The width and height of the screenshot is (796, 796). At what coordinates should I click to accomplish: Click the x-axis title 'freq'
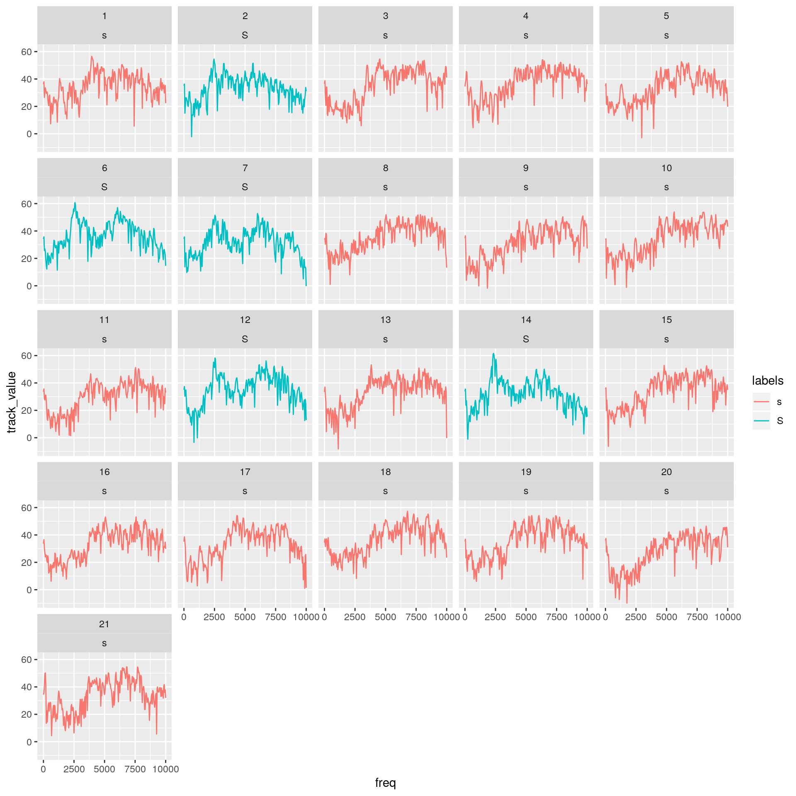point(385,783)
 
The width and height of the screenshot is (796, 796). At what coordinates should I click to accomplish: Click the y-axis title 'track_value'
point(12,402)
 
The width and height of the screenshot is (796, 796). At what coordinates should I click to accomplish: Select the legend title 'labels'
point(767,381)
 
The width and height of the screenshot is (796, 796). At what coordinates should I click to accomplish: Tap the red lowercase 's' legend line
point(761,402)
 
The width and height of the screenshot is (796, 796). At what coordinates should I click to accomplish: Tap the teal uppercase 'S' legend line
point(761,421)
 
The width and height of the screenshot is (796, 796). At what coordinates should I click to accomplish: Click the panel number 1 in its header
point(104,16)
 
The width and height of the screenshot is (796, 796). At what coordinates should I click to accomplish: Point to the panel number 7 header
point(245,168)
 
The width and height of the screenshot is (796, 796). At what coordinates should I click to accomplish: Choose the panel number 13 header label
point(386,320)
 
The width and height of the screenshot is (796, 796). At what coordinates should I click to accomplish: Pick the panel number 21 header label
point(104,624)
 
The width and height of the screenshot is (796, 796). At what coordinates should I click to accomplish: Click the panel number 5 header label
point(666,16)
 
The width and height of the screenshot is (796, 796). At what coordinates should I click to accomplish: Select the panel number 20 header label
point(666,472)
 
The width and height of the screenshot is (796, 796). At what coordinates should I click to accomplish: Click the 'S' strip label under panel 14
point(526,339)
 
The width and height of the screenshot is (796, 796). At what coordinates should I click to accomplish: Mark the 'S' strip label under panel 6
point(104,187)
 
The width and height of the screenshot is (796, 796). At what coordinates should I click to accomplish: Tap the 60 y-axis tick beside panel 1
point(27,52)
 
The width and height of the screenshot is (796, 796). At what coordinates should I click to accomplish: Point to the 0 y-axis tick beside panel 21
point(29,742)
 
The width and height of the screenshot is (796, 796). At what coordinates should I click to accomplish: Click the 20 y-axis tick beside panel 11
point(27,410)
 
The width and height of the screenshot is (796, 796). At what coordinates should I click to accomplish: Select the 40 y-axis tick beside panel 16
point(27,535)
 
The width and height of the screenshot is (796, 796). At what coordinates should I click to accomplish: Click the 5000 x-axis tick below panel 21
point(104,769)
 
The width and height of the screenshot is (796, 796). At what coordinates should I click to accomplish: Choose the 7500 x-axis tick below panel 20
point(697,617)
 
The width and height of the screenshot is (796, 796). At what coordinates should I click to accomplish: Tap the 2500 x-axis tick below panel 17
point(214,617)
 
